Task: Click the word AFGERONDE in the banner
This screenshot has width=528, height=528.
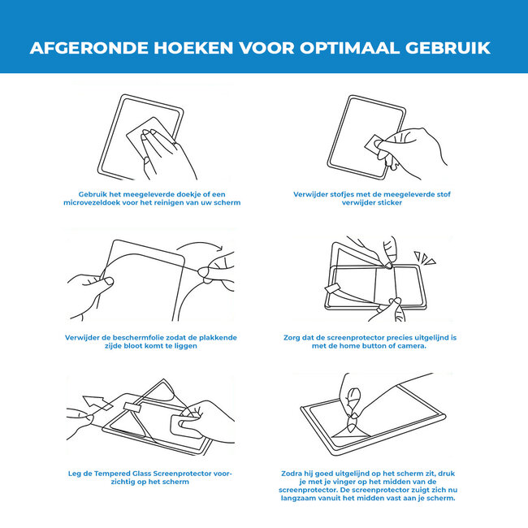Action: pos(89,48)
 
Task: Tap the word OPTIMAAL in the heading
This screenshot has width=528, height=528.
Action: pos(349,48)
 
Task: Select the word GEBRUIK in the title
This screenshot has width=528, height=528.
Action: pos(448,48)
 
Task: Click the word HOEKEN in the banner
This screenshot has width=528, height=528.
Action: pos(193,48)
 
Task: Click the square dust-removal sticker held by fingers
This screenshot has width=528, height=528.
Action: pos(373,145)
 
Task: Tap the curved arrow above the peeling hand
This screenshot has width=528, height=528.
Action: pos(199,246)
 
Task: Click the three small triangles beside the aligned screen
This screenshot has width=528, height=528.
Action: pos(425,258)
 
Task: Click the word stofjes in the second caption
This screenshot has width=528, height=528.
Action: pos(341,194)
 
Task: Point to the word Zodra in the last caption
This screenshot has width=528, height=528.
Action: pos(292,474)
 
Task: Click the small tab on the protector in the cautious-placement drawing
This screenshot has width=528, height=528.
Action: pos(132,407)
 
